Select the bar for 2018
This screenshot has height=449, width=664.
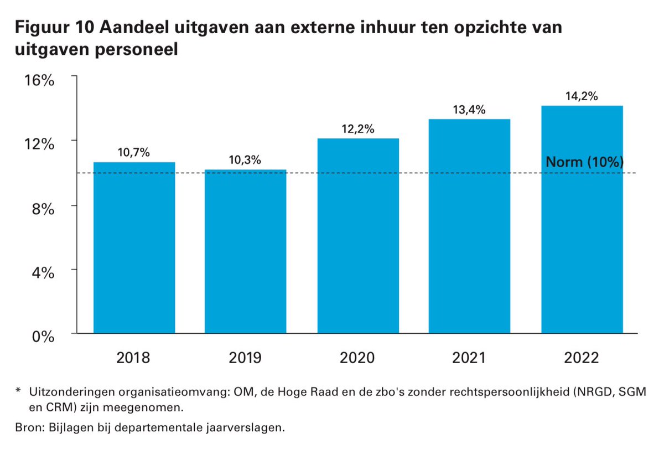pyautogui.click(x=134, y=247)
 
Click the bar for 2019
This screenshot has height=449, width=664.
pyautogui.click(x=246, y=251)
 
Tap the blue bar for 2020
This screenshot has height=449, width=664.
pyautogui.click(x=358, y=236)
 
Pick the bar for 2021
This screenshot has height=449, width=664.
pyautogui.click(x=470, y=226)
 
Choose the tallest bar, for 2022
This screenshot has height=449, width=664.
pyautogui.click(x=582, y=219)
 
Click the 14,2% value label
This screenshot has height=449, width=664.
pyautogui.click(x=582, y=96)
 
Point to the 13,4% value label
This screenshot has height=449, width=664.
pyautogui.click(x=469, y=110)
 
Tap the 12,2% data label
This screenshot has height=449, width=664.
pyautogui.click(x=358, y=129)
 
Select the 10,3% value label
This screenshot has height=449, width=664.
pyautogui.click(x=245, y=160)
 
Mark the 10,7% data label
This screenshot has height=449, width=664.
pyautogui.click(x=134, y=153)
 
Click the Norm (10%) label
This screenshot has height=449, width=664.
pyautogui.click(x=585, y=162)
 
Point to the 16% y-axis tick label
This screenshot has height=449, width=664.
pyautogui.click(x=39, y=80)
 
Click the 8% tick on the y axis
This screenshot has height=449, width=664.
pyautogui.click(x=43, y=209)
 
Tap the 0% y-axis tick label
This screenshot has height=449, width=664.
pyautogui.click(x=43, y=337)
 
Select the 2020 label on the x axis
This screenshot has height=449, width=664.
pyautogui.click(x=357, y=358)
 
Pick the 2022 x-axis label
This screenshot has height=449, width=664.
pyautogui.click(x=582, y=358)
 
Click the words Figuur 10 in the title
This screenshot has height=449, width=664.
pyautogui.click(x=55, y=28)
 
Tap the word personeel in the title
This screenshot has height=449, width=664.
pyautogui.click(x=136, y=50)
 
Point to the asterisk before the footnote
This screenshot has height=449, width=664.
pyautogui.click(x=18, y=390)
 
